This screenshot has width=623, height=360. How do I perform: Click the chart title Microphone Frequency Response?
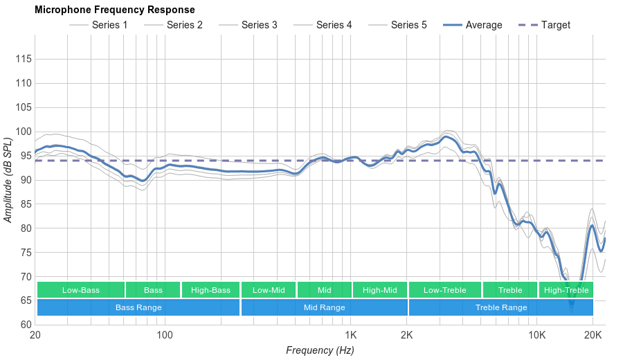click(x=114, y=10)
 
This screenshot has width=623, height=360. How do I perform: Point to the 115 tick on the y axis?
click(x=24, y=59)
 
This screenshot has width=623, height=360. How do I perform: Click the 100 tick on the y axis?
click(x=24, y=132)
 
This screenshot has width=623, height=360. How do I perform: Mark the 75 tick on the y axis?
click(x=24, y=253)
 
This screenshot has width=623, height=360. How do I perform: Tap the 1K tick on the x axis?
click(x=350, y=335)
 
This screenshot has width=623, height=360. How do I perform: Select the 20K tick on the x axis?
click(x=593, y=335)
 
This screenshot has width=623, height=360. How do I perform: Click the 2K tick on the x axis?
click(x=407, y=335)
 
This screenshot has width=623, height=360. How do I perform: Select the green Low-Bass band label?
click(x=81, y=290)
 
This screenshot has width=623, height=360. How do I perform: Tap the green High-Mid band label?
click(x=380, y=290)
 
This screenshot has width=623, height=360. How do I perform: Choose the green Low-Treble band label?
click(x=445, y=290)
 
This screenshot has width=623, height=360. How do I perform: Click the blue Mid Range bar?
click(x=324, y=307)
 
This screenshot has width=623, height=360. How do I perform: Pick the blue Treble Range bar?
click(x=501, y=307)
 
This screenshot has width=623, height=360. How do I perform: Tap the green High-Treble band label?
click(x=566, y=290)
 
